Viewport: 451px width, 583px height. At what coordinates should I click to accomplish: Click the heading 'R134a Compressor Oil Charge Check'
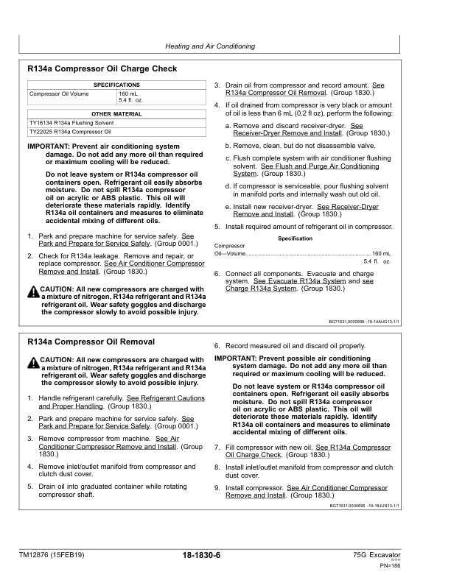(x=102, y=69)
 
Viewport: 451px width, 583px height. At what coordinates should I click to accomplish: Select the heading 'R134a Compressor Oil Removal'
(x=91, y=342)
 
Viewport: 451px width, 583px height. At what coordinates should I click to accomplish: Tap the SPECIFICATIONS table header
(x=116, y=85)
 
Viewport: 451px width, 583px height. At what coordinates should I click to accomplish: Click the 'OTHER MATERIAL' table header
(x=116, y=114)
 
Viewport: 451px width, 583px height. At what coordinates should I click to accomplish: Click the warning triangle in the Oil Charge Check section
(x=32, y=293)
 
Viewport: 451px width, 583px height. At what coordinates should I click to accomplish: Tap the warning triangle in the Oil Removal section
(x=32, y=364)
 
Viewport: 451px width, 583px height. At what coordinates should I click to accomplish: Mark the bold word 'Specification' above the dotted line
(x=296, y=239)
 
